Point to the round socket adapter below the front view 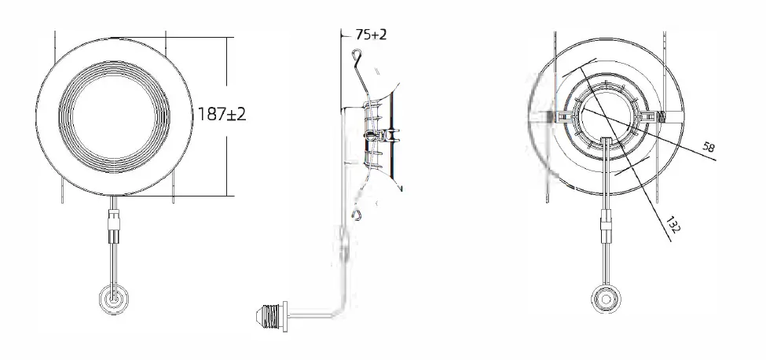(x=114, y=299)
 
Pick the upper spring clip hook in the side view (x=357, y=56)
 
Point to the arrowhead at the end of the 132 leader (x=670, y=241)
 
